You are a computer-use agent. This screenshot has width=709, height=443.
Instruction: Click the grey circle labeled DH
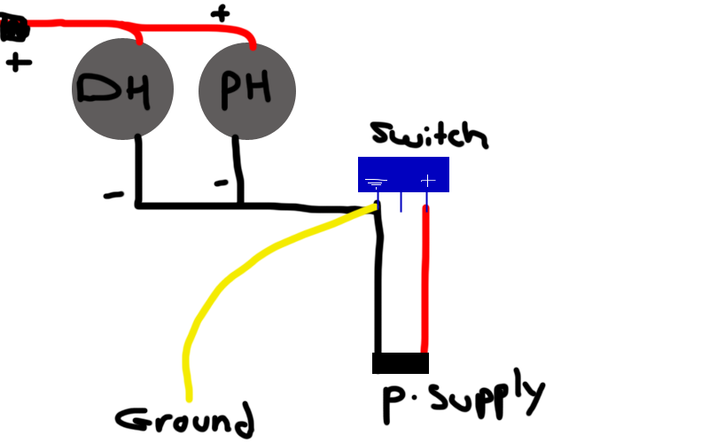(122, 89)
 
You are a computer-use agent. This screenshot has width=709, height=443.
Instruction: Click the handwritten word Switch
(428, 136)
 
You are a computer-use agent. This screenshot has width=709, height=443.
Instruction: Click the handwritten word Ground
(184, 420)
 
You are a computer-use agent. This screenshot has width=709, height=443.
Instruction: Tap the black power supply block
(401, 362)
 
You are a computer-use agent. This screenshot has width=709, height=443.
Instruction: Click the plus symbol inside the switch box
(428, 181)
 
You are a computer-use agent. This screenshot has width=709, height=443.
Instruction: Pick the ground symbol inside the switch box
(376, 183)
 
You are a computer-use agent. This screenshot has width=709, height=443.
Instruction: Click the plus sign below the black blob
(18, 62)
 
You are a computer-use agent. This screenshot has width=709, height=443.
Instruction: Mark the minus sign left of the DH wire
(113, 194)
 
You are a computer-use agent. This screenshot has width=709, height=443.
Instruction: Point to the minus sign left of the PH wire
(222, 183)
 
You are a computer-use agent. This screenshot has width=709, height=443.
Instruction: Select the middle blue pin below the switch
(401, 202)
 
